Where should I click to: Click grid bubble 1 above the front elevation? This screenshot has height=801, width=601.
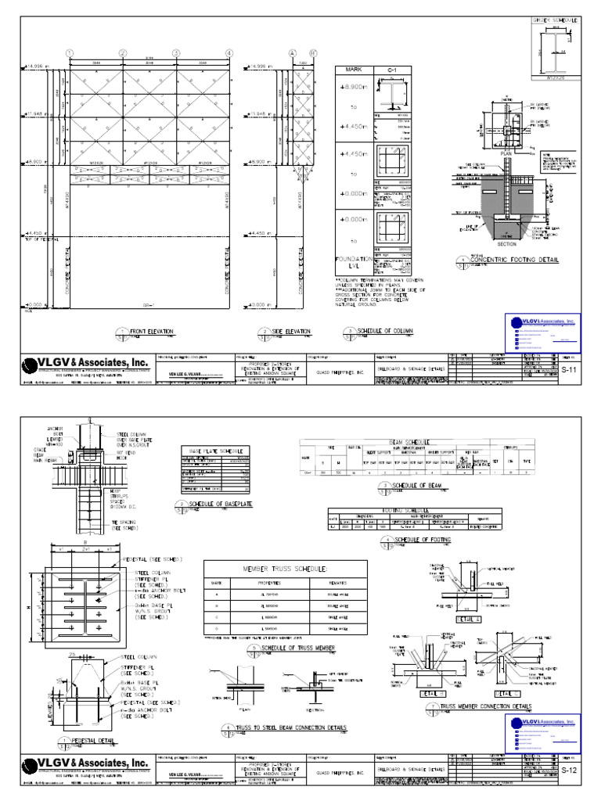pos(70,52)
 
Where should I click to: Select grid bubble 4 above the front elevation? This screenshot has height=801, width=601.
pos(230,52)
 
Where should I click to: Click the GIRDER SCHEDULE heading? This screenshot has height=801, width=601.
pos(552,20)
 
